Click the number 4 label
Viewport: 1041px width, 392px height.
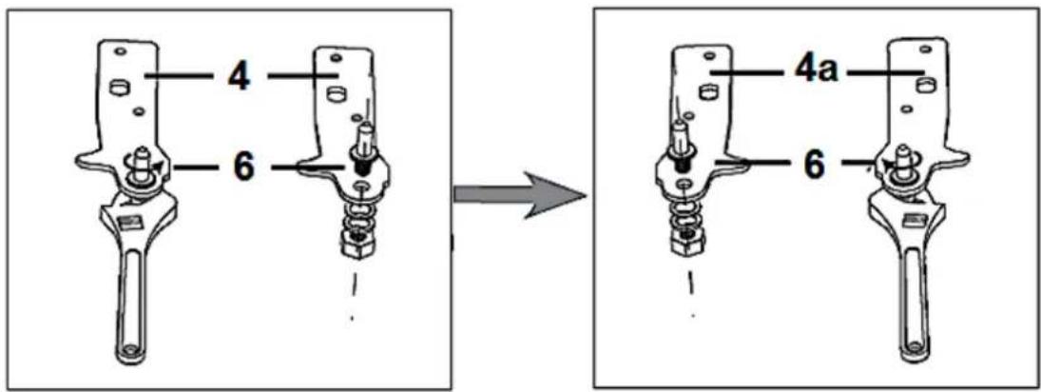[239, 77]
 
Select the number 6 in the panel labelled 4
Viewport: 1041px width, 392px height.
[242, 168]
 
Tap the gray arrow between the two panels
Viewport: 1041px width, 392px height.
[520, 193]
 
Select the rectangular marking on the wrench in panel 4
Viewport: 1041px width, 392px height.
[126, 221]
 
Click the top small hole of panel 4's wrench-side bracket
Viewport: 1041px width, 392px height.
[120, 50]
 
